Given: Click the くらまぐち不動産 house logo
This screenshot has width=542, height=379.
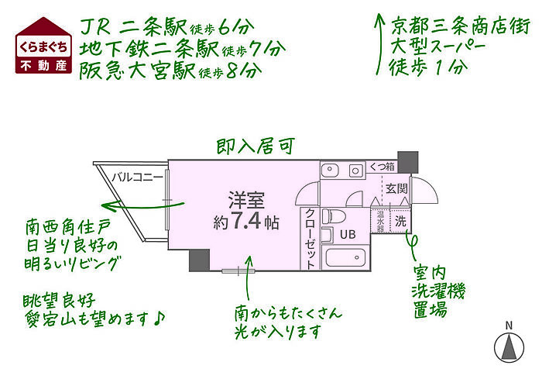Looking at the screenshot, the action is [43, 46].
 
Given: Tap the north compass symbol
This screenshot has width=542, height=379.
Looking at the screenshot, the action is [509, 347].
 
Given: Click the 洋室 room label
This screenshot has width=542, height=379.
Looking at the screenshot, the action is [246, 201].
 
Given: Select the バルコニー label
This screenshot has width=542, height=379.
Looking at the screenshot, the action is [137, 177].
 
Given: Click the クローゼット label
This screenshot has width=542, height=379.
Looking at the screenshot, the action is [310, 239].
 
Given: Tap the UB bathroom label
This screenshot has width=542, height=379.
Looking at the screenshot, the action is [348, 234].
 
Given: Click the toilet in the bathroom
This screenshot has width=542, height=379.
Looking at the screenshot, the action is [334, 216].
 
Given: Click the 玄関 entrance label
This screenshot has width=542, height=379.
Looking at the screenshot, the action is [396, 189].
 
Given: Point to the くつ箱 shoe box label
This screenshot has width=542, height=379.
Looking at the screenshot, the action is [382, 167].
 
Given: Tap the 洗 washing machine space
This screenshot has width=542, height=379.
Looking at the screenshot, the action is [400, 221].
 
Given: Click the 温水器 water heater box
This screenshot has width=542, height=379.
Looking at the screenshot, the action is [381, 221].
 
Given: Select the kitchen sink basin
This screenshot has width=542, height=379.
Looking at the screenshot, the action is [330, 170].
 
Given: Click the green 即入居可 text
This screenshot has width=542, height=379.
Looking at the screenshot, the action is [256, 146].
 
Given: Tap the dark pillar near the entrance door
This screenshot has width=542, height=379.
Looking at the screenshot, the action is [408, 162].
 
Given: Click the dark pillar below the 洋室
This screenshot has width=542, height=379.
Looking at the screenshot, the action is [200, 260].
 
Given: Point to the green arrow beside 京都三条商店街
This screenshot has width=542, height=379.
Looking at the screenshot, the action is [379, 44].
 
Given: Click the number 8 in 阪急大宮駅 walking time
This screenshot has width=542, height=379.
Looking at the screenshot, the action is [232, 71].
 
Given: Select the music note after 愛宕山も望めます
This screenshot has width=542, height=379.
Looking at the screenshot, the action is [158, 319].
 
